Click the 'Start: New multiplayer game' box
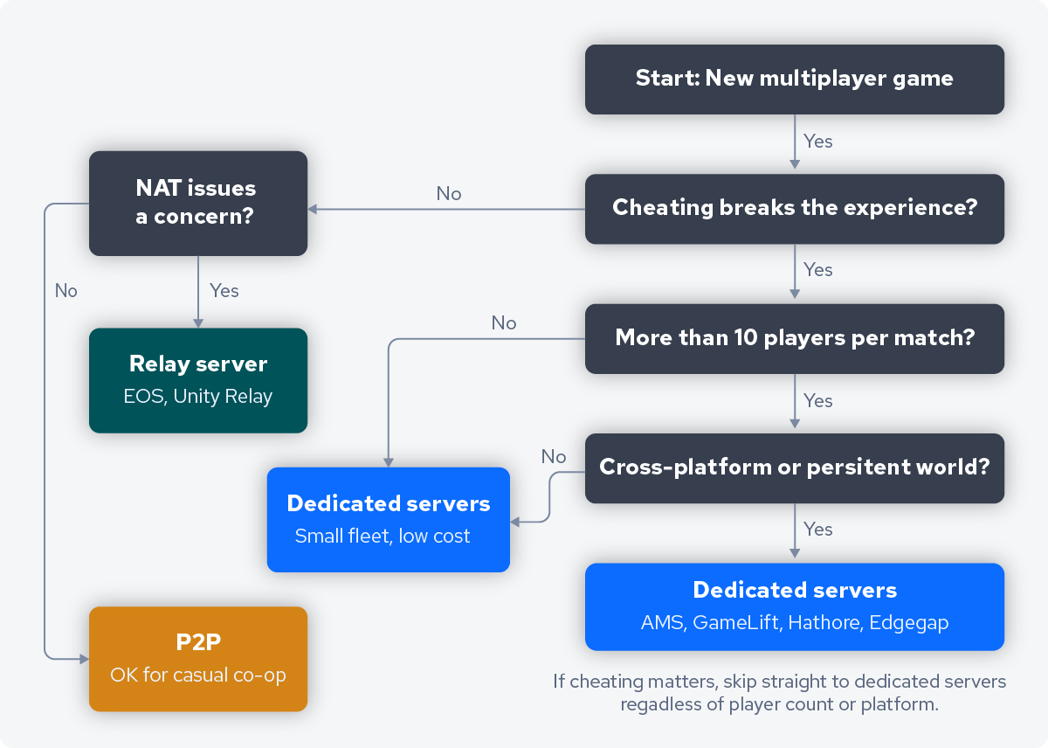tap(794, 79)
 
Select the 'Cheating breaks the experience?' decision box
tap(794, 208)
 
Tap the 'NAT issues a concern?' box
tap(197, 203)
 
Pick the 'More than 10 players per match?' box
tap(794, 338)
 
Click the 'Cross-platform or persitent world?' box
tap(794, 467)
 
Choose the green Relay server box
tap(197, 380)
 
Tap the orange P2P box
tap(197, 658)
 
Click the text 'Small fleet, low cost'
tap(383, 537)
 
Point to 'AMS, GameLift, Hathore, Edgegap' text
tap(794, 623)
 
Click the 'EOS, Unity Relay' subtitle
tap(198, 397)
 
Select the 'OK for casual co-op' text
tap(198, 675)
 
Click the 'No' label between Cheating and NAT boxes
tap(449, 194)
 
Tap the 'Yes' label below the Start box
tap(818, 142)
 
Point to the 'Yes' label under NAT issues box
tap(224, 291)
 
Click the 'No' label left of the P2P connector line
tap(66, 291)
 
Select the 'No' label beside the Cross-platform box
tap(554, 457)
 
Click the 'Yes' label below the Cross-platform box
tap(818, 530)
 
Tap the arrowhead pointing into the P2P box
tap(84, 657)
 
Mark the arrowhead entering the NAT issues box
tap(313, 210)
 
